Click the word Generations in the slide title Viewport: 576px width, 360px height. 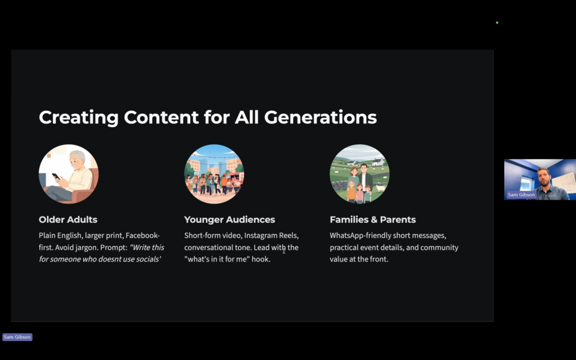320,117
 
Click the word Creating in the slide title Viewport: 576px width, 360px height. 79,118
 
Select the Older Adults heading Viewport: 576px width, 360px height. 68,219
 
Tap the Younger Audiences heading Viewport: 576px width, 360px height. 229,219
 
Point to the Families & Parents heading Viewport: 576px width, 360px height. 373,219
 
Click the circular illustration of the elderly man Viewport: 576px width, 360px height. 69,174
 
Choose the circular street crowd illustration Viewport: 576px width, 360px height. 214,174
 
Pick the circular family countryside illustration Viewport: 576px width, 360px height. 359,174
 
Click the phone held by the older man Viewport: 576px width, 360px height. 56,176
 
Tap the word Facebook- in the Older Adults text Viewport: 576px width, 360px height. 142,236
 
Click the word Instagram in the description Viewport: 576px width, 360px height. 260,236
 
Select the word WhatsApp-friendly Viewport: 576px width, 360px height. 361,236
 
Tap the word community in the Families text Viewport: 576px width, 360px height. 439,247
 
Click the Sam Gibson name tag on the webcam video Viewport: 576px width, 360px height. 521,195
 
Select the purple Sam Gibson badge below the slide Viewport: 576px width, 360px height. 17,337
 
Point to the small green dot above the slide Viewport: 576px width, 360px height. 497,22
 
